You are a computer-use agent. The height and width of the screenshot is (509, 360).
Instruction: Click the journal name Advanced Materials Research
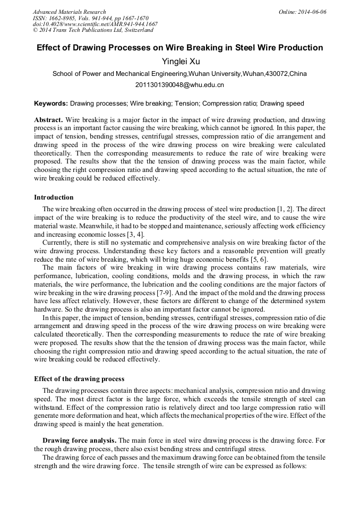tap(69, 12)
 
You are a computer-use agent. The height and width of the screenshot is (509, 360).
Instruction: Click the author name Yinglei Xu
tap(180, 62)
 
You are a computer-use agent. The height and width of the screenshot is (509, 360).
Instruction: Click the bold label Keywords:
tap(51, 103)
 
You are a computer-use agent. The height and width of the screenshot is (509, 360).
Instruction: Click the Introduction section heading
tap(54, 197)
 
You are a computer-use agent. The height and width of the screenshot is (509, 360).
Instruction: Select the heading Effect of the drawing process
tap(79, 379)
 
